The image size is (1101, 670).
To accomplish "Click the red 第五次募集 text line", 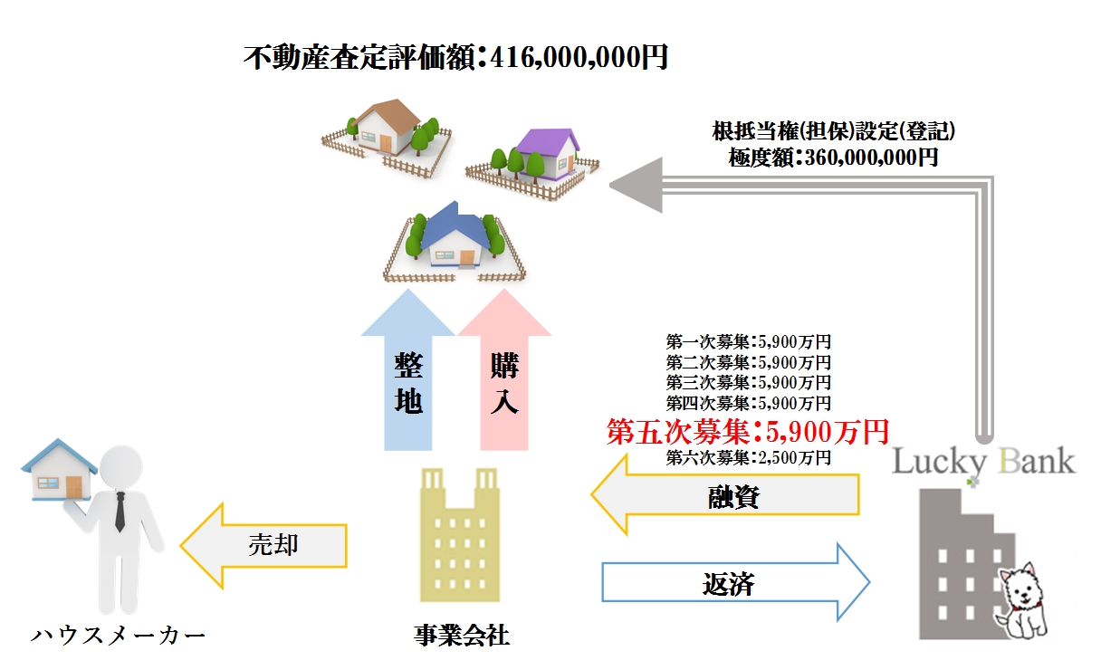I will pyautogui.click(x=748, y=431).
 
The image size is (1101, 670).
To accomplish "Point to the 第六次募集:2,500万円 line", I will pyautogui.click(x=748, y=457).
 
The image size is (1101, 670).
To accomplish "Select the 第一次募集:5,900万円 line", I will pyautogui.click(x=748, y=342).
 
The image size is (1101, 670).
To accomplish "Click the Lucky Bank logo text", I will pyautogui.click(x=983, y=461).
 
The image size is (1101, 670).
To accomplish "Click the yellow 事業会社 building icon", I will pyautogui.click(x=460, y=534).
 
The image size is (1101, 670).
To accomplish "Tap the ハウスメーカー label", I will pyautogui.click(x=119, y=635).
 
